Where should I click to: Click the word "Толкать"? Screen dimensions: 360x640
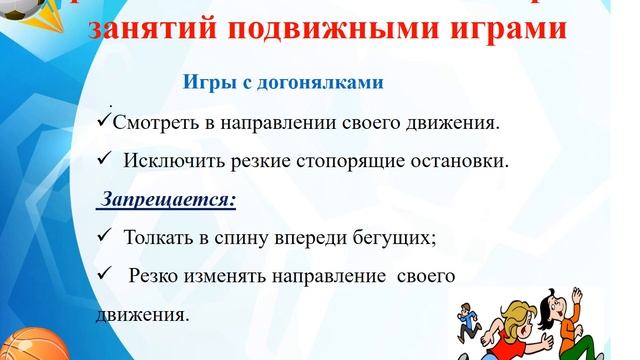[158, 238]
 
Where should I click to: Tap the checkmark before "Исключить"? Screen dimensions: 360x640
[104, 159]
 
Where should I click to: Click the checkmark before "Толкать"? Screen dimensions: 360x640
[104, 237]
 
